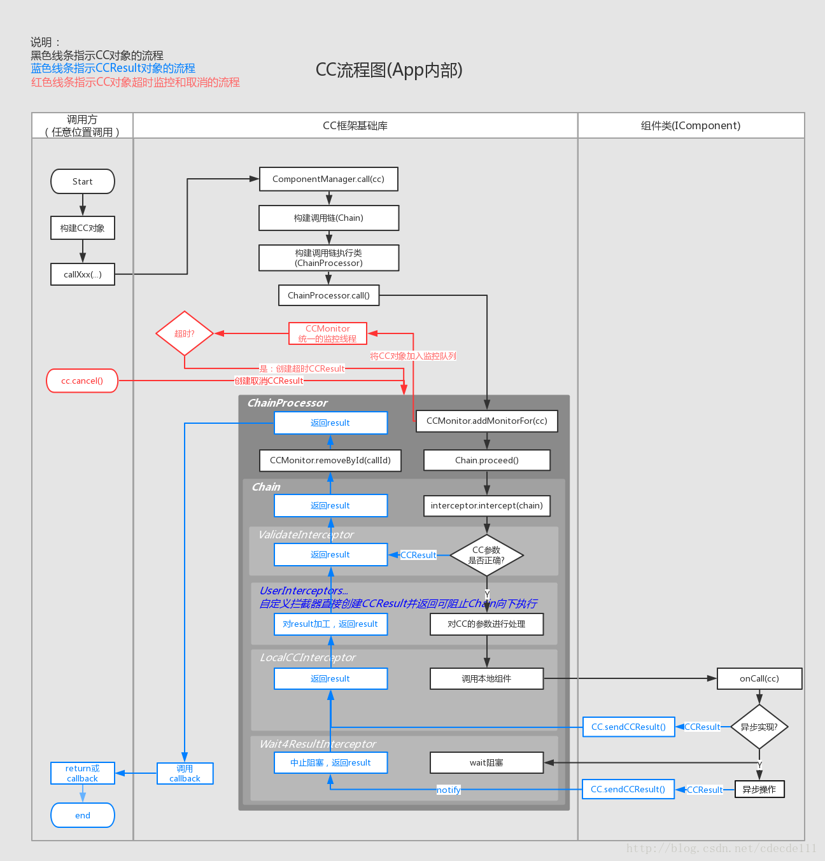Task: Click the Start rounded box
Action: pos(83,181)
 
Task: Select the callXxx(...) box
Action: pos(83,274)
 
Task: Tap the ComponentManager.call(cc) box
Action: pos(328,179)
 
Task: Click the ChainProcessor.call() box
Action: pos(328,295)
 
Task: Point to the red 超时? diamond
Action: pos(185,333)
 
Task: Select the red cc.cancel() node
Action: pos(82,381)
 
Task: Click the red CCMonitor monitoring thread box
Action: pos(328,333)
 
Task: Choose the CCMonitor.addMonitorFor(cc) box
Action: pos(486,421)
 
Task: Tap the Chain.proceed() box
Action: pos(486,460)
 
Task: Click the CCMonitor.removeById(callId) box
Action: pos(330,460)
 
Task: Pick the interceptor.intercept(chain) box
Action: pos(486,505)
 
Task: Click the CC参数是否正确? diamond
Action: pos(486,555)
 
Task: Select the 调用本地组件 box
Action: pos(486,678)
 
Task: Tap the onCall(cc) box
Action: pos(759,678)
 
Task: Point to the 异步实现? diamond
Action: pos(759,727)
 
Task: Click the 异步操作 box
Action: pos(759,789)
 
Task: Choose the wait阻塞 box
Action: pos(486,762)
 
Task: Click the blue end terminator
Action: pos(83,815)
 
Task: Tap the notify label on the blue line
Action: pos(448,790)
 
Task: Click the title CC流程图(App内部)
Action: pos(389,70)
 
